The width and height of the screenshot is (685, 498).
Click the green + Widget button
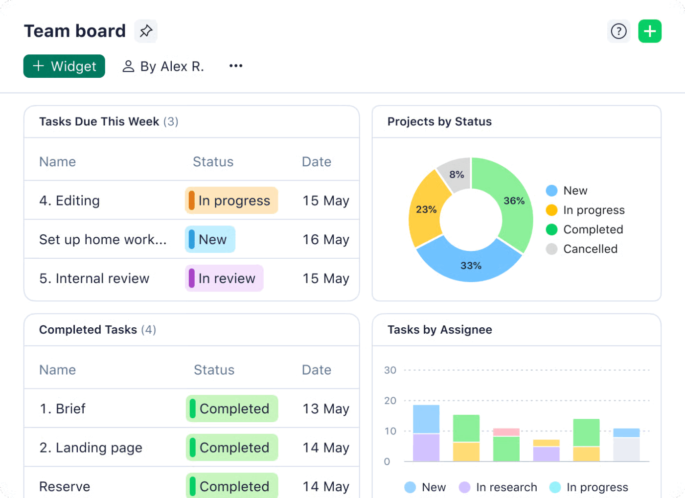64,66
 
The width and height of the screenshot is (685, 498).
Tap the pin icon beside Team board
146,31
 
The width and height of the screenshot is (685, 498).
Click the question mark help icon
618,31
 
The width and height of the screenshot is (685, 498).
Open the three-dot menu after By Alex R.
236,66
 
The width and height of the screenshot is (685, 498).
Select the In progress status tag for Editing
231,201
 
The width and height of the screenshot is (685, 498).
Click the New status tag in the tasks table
210,239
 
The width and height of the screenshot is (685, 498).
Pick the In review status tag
224,278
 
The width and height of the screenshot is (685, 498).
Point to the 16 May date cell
325,240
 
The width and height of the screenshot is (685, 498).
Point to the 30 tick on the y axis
390,370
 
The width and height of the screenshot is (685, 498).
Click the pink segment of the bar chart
506,432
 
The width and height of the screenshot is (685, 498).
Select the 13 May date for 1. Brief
325,408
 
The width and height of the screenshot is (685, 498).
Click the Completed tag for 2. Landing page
232,448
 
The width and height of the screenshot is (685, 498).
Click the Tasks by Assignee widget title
439,330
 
